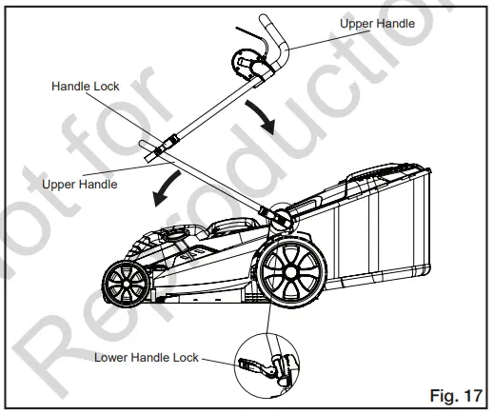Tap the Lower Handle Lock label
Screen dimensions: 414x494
point(146,357)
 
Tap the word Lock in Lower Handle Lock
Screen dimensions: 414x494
point(181,357)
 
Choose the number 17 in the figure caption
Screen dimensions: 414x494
point(471,393)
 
